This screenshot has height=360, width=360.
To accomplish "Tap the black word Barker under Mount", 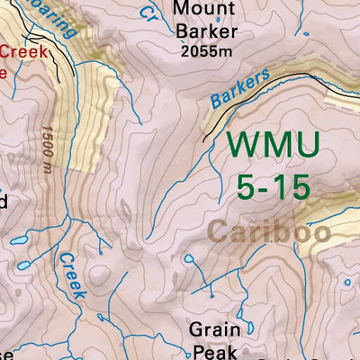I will click(207, 33).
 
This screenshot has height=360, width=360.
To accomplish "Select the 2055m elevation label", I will click(208, 53).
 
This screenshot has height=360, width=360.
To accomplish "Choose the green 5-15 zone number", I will click(273, 186).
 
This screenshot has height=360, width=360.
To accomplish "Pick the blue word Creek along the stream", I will click(71, 275).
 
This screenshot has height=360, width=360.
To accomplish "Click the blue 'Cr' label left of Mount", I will click(148, 13).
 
